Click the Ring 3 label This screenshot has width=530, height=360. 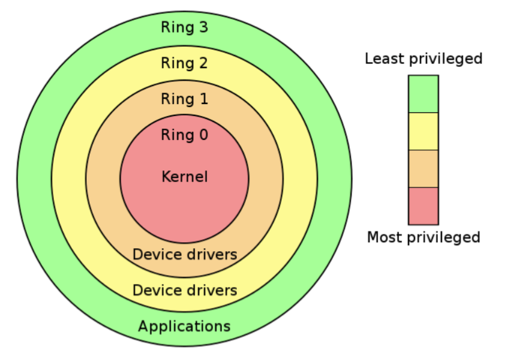pyautogui.click(x=184, y=28)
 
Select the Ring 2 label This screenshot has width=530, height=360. pyautogui.click(x=184, y=63)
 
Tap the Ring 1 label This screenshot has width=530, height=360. pyautogui.click(x=184, y=99)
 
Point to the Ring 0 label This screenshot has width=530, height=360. pyautogui.click(x=184, y=135)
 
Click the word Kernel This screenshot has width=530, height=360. pyautogui.click(x=184, y=177)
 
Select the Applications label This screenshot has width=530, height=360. pyautogui.click(x=184, y=326)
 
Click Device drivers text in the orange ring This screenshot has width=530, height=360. pyautogui.click(x=184, y=255)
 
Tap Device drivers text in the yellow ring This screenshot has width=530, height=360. pyautogui.click(x=184, y=291)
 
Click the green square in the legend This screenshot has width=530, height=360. pyautogui.click(x=423, y=94)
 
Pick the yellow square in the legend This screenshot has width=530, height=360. pyautogui.click(x=423, y=132)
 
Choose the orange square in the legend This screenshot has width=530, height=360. pyautogui.click(x=423, y=169)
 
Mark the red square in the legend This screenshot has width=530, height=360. pyautogui.click(x=423, y=206)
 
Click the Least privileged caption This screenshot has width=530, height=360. pyautogui.click(x=424, y=59)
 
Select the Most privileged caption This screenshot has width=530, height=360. pyautogui.click(x=424, y=237)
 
